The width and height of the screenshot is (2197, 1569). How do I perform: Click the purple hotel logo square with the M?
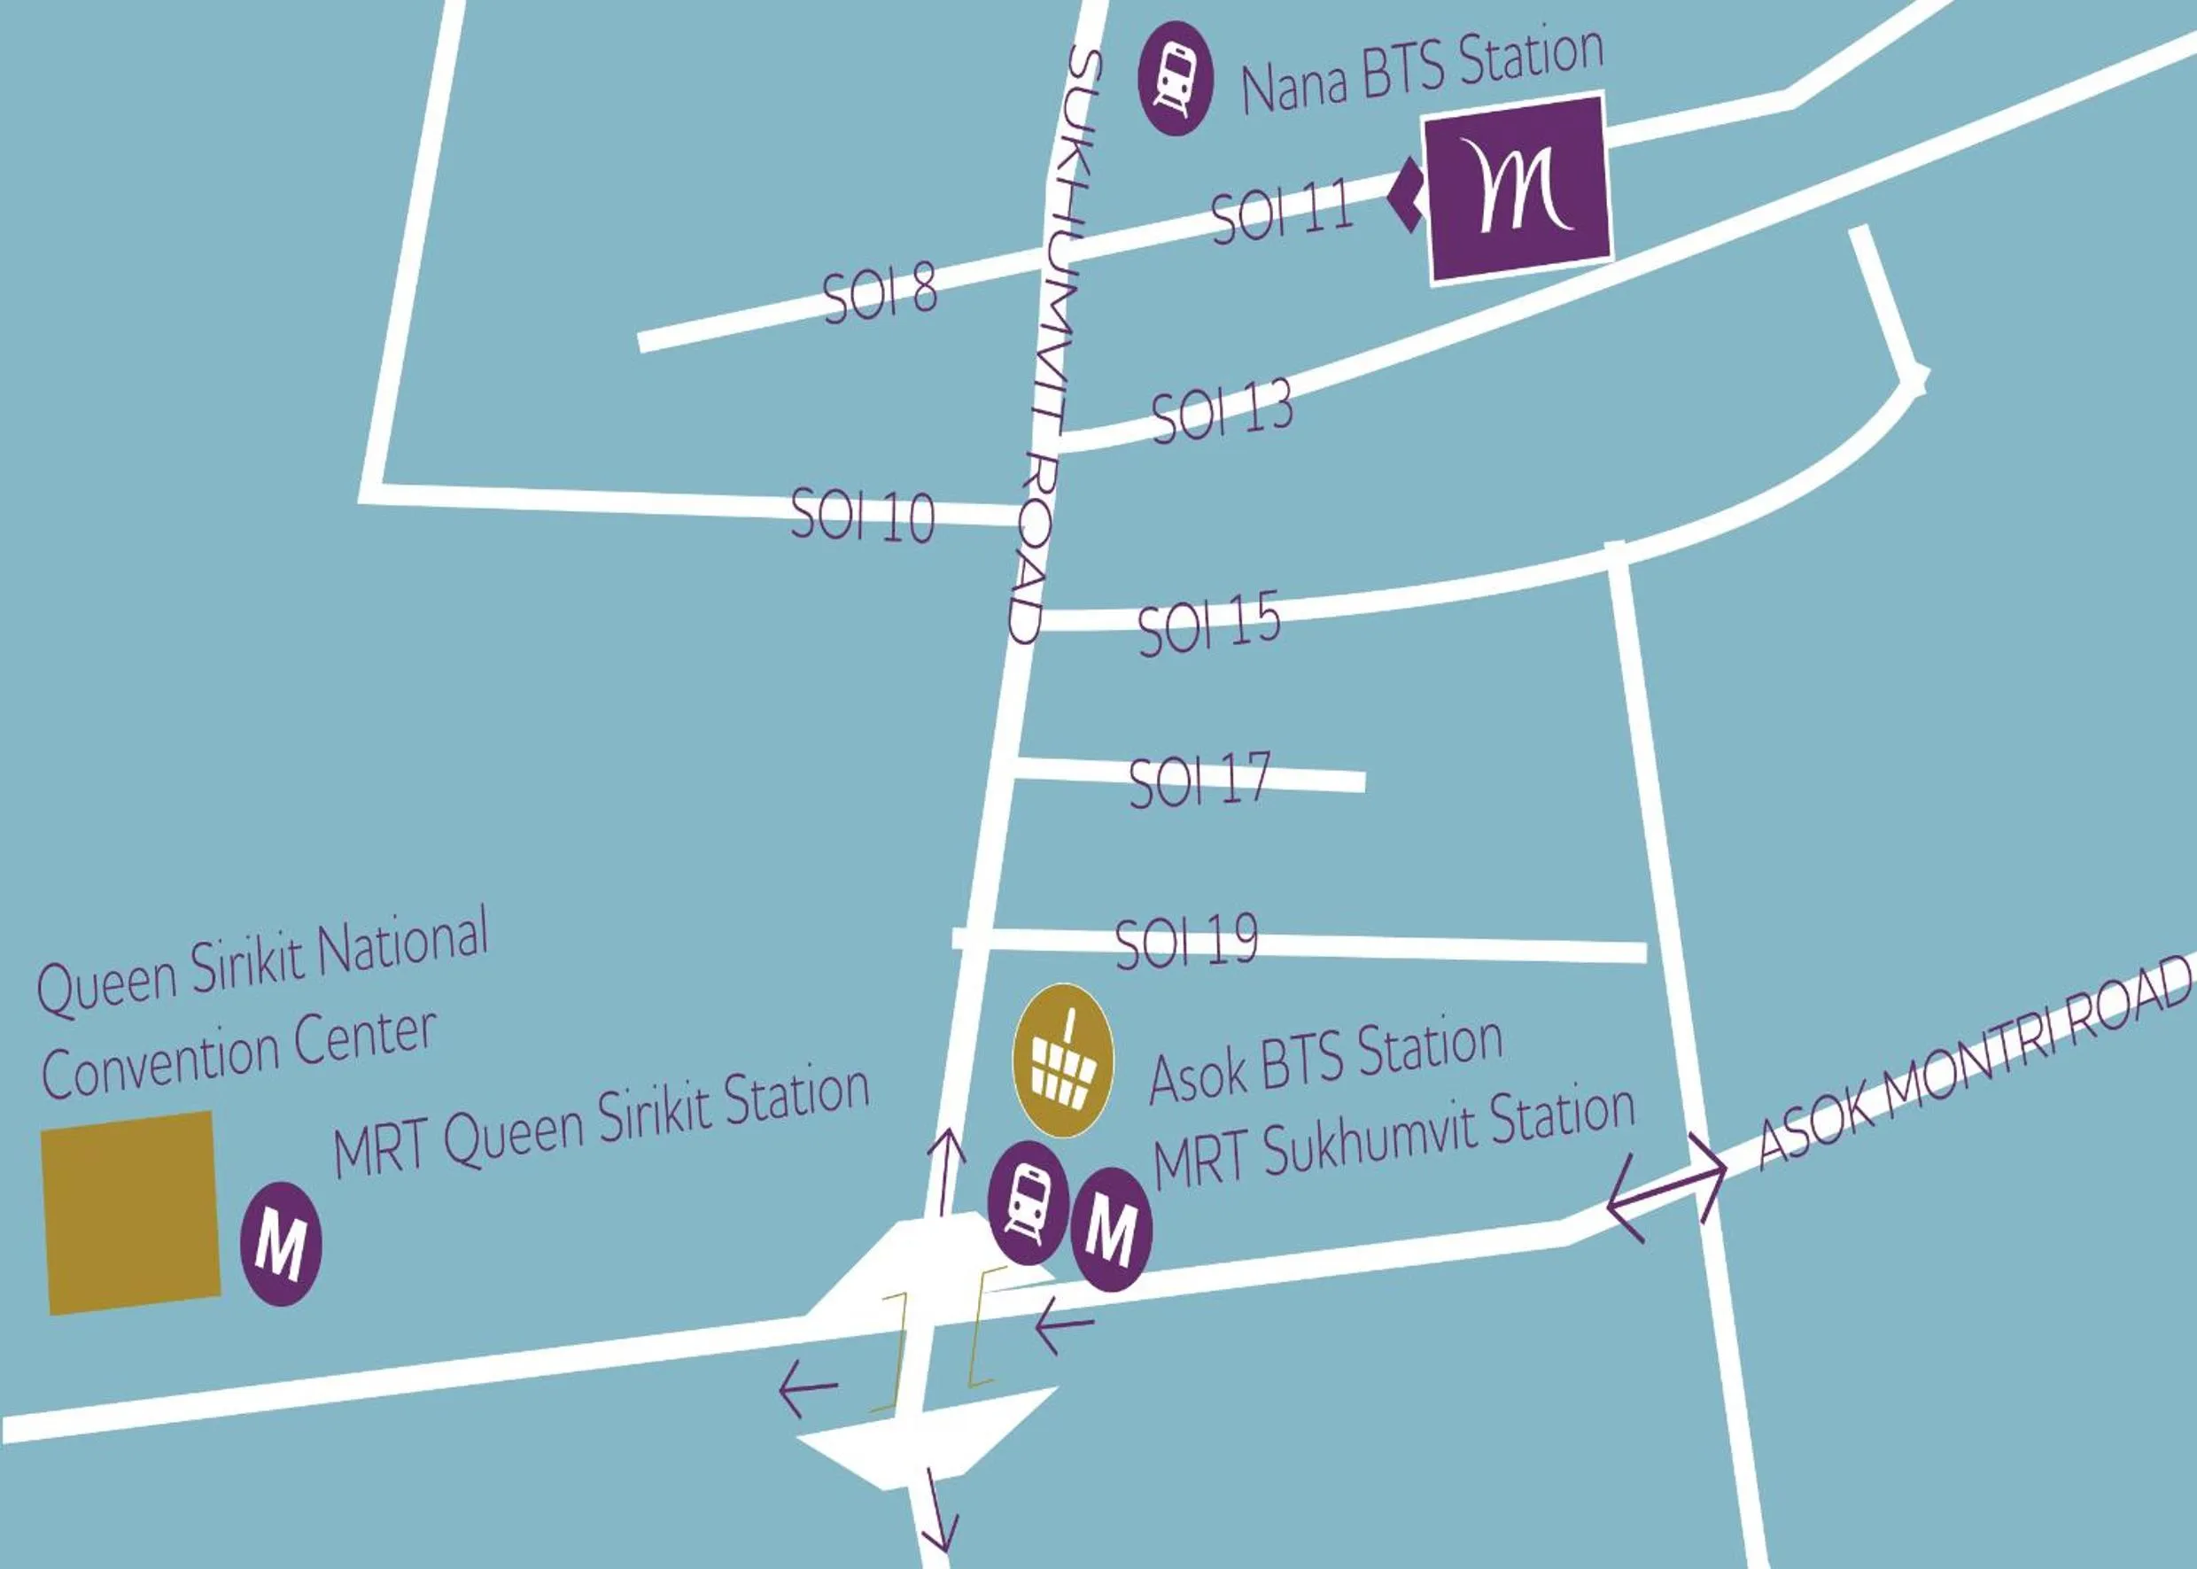(1518, 189)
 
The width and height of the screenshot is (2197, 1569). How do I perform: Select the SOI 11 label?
(1280, 211)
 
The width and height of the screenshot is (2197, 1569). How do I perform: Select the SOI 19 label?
(1186, 940)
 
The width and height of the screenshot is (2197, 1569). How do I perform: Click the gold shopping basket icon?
(1063, 1059)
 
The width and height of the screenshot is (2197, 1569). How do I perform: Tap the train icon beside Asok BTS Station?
(1028, 1202)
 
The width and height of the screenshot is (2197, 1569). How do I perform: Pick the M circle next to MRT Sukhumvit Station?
(1111, 1229)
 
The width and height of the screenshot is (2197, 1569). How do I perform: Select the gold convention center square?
(131, 1213)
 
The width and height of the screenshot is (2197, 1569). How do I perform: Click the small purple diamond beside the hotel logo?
(1405, 196)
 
